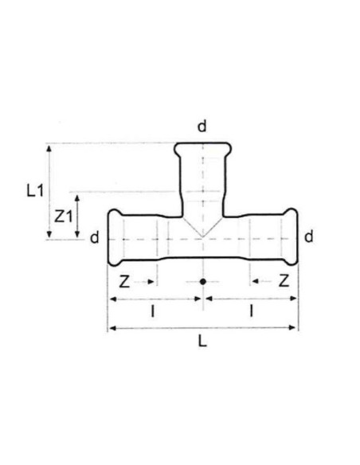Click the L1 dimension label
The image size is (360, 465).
pos(35,190)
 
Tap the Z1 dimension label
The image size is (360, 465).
pos(63,217)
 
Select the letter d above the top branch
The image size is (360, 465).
pos(202,127)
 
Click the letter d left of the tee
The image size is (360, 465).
pos(95,237)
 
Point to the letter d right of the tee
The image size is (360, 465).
pos(309,237)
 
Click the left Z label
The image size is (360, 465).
pos(124,281)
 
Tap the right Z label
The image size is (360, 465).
pos(284,280)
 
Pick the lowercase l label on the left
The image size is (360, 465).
pos(153,311)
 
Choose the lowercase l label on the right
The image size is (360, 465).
pos(252,311)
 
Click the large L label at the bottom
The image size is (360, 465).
pos(202,342)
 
